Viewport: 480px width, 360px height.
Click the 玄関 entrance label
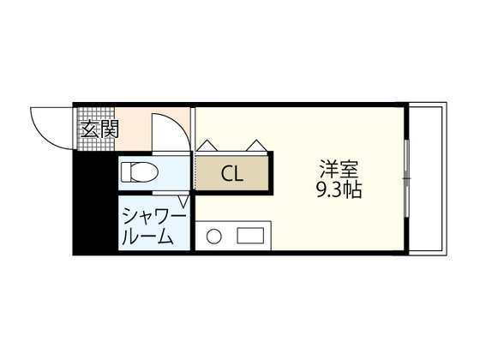pos(99,130)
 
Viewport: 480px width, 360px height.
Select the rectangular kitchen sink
pos(251,236)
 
